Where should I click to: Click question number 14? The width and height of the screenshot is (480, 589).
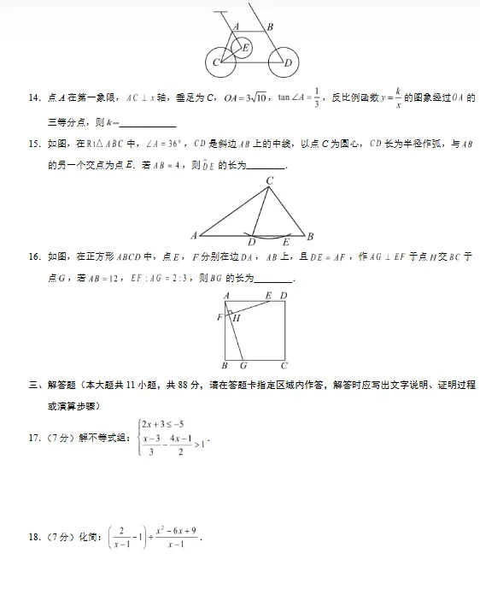pyautogui.click(x=35, y=99)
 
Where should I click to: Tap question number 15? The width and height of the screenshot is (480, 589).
pyautogui.click(x=35, y=144)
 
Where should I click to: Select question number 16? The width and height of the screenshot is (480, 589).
pyautogui.click(x=35, y=256)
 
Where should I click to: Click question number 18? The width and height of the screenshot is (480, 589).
pyautogui.click(x=35, y=537)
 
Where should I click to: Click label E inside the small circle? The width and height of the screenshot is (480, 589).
pyautogui.click(x=247, y=47)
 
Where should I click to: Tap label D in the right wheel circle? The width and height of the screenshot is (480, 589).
pyautogui.click(x=288, y=62)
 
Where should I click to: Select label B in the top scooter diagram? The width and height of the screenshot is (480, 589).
pyautogui.click(x=270, y=27)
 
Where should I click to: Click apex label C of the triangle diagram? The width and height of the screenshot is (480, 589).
pyautogui.click(x=269, y=180)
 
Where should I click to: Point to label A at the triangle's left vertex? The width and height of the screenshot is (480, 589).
pyautogui.click(x=194, y=236)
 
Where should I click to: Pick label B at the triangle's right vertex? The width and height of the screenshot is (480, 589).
pyautogui.click(x=311, y=236)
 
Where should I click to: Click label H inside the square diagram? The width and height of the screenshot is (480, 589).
pyautogui.click(x=237, y=318)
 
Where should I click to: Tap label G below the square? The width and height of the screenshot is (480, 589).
pyautogui.click(x=243, y=366)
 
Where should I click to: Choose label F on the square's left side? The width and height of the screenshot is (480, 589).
pyautogui.click(x=220, y=317)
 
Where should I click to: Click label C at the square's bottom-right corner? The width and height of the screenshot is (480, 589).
pyautogui.click(x=284, y=366)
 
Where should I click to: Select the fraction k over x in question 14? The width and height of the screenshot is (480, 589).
pyautogui.click(x=397, y=99)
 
